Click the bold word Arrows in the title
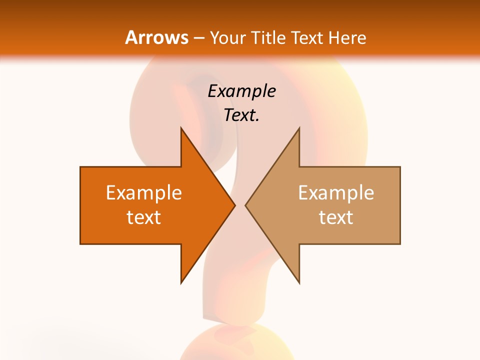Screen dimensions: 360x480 pos(157,37)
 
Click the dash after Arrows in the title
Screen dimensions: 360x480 pos(199,38)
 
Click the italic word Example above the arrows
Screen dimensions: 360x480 pos(241,91)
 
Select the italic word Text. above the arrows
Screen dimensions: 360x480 pos(240,115)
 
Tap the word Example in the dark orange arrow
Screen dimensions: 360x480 pos(143,193)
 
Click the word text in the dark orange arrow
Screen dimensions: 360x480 pos(143,217)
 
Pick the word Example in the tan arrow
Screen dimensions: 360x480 pos(336,193)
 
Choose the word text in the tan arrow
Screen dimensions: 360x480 pos(336,217)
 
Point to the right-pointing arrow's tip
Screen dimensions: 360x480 pos(235,205)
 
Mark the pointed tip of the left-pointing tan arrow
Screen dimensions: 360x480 pos(245,205)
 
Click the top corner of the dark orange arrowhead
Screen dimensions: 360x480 pos(181,128)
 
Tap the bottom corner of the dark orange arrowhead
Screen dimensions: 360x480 pos(181,282)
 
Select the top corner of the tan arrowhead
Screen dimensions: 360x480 pos(299,128)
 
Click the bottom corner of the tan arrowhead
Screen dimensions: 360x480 pos(299,282)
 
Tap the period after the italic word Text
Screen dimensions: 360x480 pos(257,120)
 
